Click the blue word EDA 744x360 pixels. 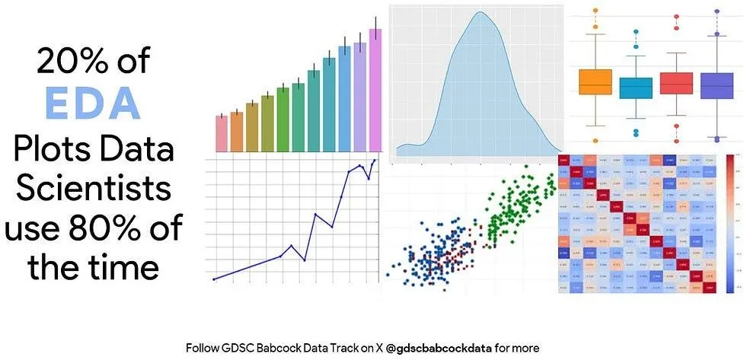click(x=93, y=103)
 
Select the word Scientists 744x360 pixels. click(x=93, y=186)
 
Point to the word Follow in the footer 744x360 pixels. click(x=202, y=348)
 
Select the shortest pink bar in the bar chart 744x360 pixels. click(x=222, y=133)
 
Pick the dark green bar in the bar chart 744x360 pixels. click(x=283, y=119)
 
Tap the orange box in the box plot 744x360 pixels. click(x=596, y=81)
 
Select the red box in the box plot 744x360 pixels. click(x=676, y=83)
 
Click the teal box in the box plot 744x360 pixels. click(x=636, y=88)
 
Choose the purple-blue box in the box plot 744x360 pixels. click(x=717, y=85)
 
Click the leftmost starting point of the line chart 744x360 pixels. click(x=214, y=279)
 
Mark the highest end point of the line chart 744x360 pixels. click(x=374, y=161)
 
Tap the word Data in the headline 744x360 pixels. click(x=136, y=147)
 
